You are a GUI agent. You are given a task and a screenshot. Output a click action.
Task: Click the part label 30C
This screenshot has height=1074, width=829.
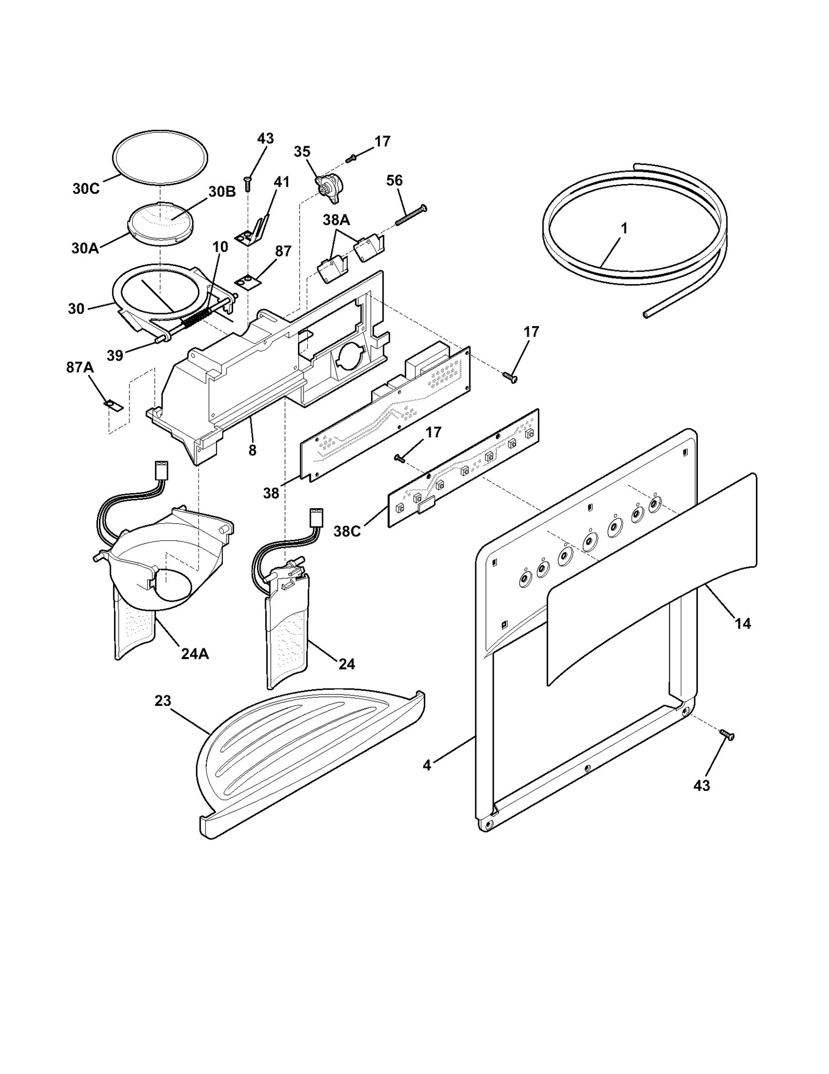pos(85,189)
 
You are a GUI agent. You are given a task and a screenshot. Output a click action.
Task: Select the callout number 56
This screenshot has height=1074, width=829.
pos(394,180)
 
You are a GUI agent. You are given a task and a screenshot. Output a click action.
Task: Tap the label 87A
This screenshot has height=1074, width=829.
pos(80,367)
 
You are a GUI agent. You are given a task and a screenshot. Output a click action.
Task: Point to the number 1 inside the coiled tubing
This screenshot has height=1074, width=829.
pos(624,228)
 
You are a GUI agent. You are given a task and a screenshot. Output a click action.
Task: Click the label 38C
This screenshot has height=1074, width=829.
pos(347,532)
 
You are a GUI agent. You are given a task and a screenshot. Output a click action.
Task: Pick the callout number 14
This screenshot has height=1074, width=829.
pos(742,623)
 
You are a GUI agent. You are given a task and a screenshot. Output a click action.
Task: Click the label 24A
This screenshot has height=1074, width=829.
pos(195,654)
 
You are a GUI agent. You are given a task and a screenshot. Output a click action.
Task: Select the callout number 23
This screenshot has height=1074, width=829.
pos(163,701)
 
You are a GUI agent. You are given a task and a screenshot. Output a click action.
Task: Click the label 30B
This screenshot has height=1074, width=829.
pos(222,191)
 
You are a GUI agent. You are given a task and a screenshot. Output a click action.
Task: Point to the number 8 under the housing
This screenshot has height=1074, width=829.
pos(252,450)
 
